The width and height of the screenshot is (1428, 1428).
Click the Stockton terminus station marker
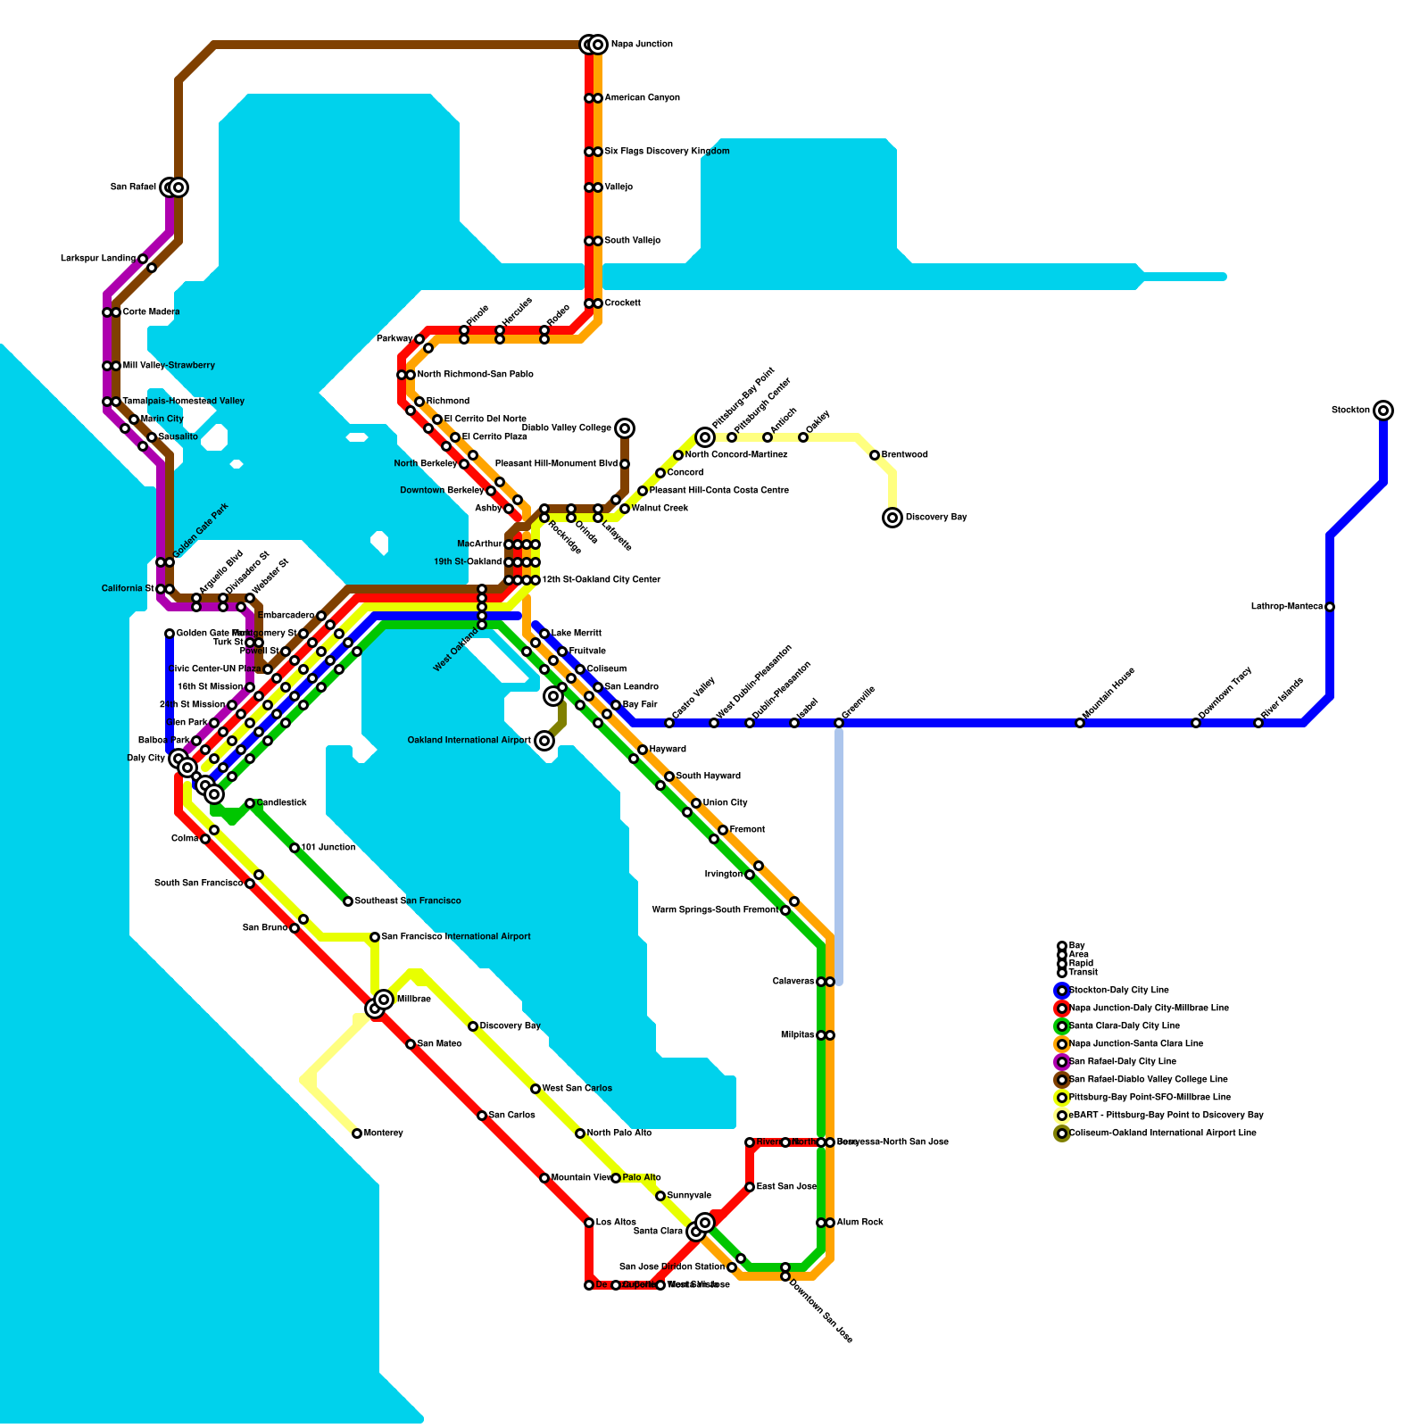click(1383, 411)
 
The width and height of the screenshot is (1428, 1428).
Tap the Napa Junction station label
click(642, 45)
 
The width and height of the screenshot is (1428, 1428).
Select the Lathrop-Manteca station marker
click(1330, 607)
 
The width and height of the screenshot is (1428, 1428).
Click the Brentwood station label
click(905, 455)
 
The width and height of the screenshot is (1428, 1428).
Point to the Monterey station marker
click(357, 1133)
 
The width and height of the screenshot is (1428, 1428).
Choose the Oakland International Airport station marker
click(544, 741)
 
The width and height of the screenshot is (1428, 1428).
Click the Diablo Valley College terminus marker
click(625, 428)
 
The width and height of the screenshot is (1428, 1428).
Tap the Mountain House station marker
click(1080, 723)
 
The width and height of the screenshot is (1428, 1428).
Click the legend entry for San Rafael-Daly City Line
click(1122, 1062)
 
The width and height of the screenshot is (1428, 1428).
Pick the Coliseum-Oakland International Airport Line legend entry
click(1162, 1133)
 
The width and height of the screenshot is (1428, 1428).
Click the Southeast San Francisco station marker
click(348, 901)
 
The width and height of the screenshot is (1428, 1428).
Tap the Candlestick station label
click(282, 803)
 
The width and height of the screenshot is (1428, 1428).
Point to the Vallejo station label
click(619, 187)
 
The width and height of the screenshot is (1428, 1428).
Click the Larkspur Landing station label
click(98, 259)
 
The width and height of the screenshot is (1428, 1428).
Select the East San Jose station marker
click(750, 1187)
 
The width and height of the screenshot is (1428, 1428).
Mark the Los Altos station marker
click(589, 1223)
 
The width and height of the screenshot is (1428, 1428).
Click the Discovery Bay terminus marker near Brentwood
click(892, 518)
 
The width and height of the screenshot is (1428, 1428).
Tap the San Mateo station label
click(439, 1044)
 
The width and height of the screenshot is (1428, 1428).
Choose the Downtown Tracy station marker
click(1196, 723)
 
